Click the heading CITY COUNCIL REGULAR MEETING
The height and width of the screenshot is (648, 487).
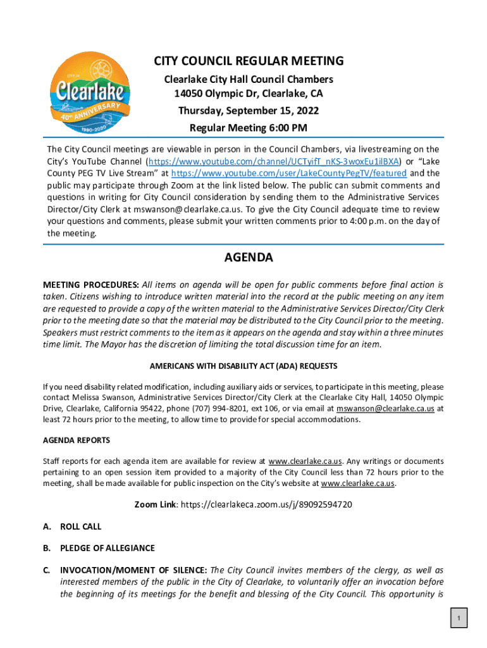(249, 61)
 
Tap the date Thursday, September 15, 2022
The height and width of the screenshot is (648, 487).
(248, 111)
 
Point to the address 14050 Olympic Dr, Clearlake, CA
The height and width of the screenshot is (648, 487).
(249, 94)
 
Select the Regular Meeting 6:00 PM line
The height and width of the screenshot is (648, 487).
(248, 128)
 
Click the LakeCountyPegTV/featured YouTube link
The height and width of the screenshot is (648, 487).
(289, 173)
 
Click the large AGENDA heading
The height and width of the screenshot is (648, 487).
(249, 258)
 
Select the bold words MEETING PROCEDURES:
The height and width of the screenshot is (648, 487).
(91, 285)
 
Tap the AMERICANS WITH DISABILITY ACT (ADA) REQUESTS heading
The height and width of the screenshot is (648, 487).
(244, 366)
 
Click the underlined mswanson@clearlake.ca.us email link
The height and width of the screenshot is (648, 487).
(385, 409)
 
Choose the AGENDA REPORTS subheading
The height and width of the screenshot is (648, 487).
(77, 440)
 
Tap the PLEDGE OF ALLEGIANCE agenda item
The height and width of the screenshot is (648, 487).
(108, 548)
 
